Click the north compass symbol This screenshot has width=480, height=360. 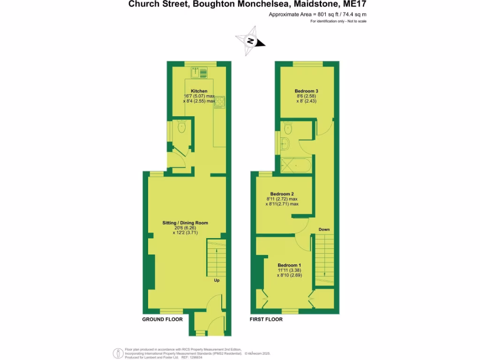251,41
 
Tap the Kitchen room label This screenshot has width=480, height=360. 199,91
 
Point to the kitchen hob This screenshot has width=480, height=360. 220,102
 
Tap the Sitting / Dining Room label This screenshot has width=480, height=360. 185,223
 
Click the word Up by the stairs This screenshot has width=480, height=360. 217,281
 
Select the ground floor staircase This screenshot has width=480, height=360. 216,258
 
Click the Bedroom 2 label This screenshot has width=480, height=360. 282,194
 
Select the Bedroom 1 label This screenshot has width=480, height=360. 289,265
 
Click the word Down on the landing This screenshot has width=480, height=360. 324,230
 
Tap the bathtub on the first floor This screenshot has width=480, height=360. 295,165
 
